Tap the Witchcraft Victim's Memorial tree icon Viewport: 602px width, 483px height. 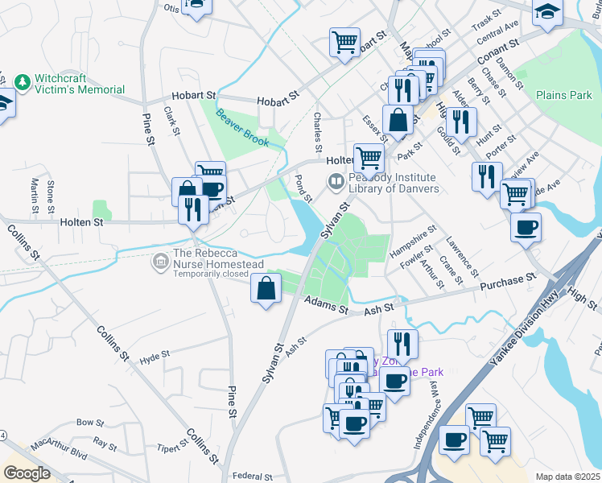[x=23, y=82]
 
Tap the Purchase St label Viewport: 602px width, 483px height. [x=508, y=282]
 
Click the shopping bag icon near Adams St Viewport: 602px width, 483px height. [x=266, y=288]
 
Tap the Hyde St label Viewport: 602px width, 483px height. [x=155, y=355]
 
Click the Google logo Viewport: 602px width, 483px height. [x=27, y=473]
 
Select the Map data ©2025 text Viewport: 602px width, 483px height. [x=567, y=477]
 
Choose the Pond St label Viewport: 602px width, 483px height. [x=304, y=188]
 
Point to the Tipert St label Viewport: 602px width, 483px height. [x=172, y=448]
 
